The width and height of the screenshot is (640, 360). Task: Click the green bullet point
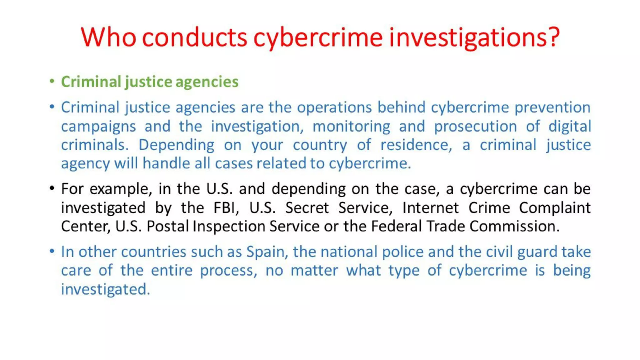click(52, 82)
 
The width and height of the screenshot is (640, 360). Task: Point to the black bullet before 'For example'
click(52, 188)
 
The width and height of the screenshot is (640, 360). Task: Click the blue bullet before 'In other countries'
click(52, 251)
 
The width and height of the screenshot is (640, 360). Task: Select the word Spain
click(267, 252)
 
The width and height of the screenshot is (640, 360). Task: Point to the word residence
click(416, 145)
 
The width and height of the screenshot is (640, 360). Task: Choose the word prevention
click(552, 107)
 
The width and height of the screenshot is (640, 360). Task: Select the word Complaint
click(555, 208)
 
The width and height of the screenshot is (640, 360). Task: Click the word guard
click(537, 252)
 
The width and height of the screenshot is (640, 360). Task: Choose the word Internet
click(431, 208)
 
